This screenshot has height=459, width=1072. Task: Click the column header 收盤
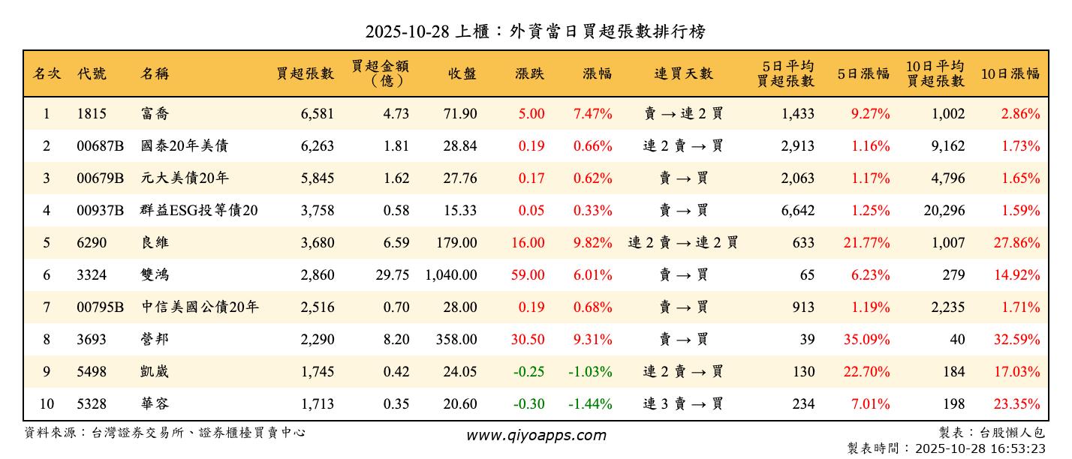pos(462,73)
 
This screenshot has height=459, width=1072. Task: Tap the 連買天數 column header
pos(683,73)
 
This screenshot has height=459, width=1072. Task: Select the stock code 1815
pos(92,114)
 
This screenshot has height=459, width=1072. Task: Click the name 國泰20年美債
pos(184,146)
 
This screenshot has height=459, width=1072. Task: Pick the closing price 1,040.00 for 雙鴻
pos(450,275)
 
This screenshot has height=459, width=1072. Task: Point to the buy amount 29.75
pos(393,275)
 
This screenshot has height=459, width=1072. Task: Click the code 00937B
pos(100,211)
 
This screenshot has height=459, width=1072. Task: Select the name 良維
pos(155,243)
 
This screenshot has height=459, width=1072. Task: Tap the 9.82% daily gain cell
pos(592,243)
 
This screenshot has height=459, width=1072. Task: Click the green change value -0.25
pos(528,372)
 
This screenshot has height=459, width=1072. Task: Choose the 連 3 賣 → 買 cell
pos(683,404)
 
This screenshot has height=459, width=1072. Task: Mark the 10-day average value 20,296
pos(944,211)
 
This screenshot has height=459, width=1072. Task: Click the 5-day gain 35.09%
pos(866,340)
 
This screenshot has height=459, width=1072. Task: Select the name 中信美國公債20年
pos(200,307)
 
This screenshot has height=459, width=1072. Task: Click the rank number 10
pos(47,404)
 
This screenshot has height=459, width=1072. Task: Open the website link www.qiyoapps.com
pos(535,435)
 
